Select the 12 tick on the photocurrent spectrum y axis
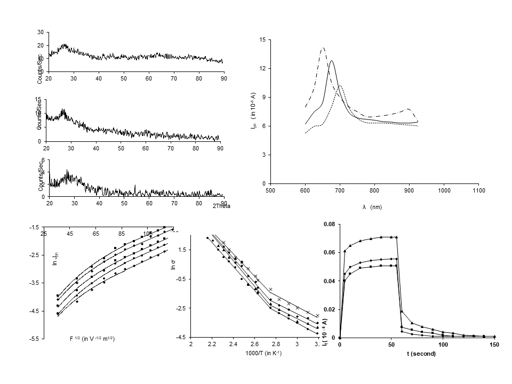pos(262,69)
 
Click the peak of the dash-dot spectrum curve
pos(323,48)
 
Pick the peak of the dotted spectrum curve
pos(340,86)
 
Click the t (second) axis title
pos(421,354)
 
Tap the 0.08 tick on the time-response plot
pos(330,225)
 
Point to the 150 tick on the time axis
pos(494,345)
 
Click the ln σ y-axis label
pos(173,265)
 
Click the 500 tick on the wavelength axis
pos(270,190)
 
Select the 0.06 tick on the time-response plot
pos(330,253)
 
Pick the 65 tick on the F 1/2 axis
pos(96,234)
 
